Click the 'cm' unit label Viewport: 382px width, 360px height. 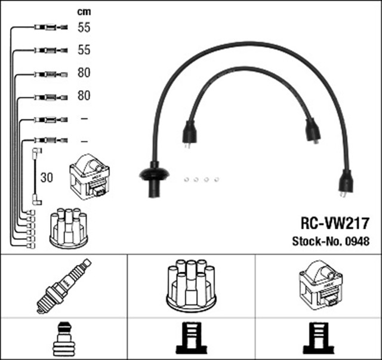(x=84, y=11)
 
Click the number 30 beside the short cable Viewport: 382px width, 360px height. (x=47, y=177)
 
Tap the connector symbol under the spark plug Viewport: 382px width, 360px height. (x=63, y=340)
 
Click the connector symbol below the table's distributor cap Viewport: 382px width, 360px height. (x=191, y=340)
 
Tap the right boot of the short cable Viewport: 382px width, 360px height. (x=311, y=130)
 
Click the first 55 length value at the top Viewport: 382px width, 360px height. (x=84, y=27)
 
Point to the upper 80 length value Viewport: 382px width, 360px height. (x=84, y=73)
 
